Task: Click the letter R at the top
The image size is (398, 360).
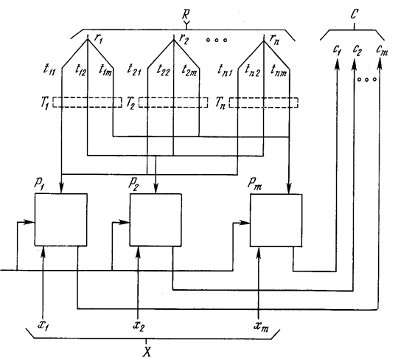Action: (x=186, y=15)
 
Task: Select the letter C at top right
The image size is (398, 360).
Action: (x=355, y=14)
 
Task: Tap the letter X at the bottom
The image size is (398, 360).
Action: (x=147, y=352)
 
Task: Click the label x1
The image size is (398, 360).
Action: (x=43, y=325)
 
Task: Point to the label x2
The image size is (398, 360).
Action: (x=139, y=326)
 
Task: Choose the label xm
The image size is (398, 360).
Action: (x=261, y=327)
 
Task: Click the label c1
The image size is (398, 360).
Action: (x=337, y=50)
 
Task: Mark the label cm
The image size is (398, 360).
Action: (x=382, y=50)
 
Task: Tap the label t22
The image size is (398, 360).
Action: (x=163, y=69)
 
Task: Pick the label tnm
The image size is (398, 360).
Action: (x=279, y=70)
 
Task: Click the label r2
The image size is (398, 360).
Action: (x=184, y=39)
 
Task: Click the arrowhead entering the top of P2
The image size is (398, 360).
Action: (x=156, y=188)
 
